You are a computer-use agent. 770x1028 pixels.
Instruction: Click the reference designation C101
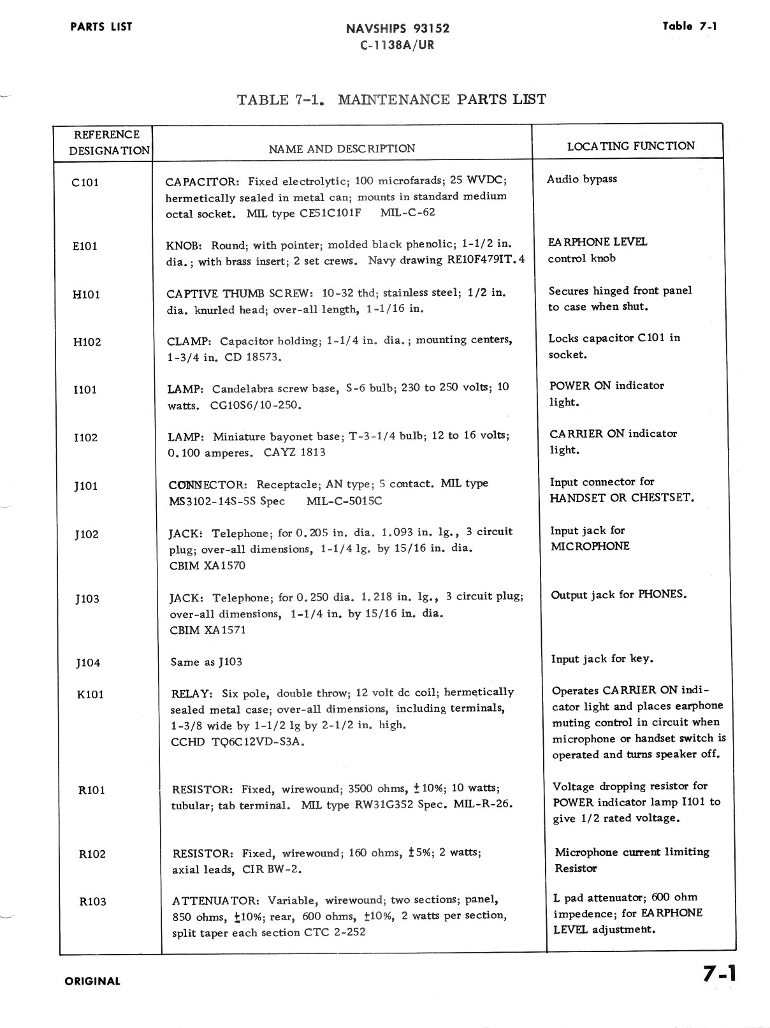[x=85, y=183]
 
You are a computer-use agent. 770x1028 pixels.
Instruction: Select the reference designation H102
[x=87, y=342]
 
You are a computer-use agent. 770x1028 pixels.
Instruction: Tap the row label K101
[x=90, y=694]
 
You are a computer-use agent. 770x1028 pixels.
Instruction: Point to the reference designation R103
[x=92, y=902]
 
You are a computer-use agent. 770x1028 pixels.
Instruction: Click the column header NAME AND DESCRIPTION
[x=342, y=149]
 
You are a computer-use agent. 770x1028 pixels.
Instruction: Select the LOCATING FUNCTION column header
[x=630, y=146]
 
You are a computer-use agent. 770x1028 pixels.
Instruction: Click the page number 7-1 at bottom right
[x=720, y=974]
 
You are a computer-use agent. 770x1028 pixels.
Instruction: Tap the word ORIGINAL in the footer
[x=92, y=981]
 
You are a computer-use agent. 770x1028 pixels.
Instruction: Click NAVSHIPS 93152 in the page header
[x=397, y=29]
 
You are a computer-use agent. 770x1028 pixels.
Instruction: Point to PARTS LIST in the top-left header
[x=101, y=27]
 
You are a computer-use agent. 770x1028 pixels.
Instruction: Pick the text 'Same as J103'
[x=206, y=663]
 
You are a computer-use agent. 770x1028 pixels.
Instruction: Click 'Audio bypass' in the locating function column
[x=581, y=179]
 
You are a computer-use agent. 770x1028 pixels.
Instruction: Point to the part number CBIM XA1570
[x=207, y=566]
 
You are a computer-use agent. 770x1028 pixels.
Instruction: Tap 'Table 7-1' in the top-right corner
[x=690, y=26]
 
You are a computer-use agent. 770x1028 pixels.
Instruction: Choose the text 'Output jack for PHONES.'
[x=618, y=595]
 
